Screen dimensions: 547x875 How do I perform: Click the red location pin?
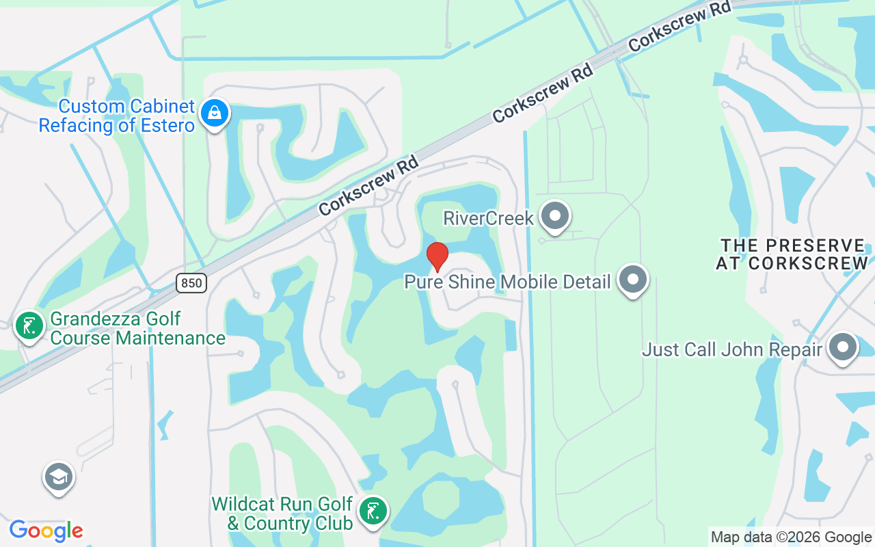(437, 257)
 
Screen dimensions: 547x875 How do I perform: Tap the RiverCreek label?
(488, 218)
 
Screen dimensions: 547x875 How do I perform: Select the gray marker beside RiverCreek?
(554, 217)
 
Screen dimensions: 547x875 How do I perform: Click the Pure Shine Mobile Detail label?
(507, 282)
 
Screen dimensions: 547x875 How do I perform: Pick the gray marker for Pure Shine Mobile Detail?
(632, 280)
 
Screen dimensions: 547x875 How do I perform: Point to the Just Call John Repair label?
(731, 350)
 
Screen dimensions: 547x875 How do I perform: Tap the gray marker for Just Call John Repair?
(843, 348)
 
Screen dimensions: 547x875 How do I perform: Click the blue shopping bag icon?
(215, 115)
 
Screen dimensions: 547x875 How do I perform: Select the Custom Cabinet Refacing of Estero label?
(117, 116)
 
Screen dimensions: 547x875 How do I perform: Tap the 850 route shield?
(191, 282)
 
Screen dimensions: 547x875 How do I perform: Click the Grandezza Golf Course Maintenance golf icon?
(29, 326)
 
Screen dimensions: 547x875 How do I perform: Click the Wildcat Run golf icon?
(373, 512)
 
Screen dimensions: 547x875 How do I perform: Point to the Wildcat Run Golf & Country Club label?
(282, 513)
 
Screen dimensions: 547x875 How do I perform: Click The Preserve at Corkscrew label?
(792, 254)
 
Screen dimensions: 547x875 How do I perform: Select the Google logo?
(46, 531)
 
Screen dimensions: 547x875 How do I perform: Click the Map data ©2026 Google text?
(791, 537)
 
